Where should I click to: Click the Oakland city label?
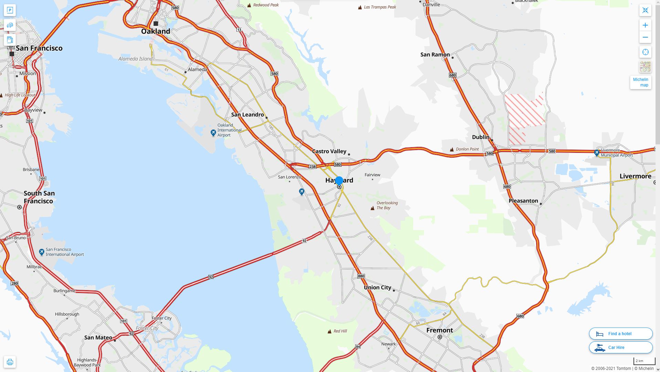tap(156, 31)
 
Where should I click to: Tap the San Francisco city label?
tap(39, 48)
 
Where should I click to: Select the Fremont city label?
tap(440, 330)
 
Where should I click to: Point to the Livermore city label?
tap(635, 176)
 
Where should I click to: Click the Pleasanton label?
tap(523, 201)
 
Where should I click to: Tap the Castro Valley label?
tap(329, 152)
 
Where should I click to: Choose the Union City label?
tap(377, 288)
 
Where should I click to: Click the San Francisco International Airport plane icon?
tap(42, 252)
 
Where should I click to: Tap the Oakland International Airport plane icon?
tap(213, 133)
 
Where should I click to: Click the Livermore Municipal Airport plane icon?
tap(597, 153)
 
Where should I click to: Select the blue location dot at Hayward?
tap(339, 180)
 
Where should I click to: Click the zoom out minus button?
tap(645, 38)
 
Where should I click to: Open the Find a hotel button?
tap(620, 334)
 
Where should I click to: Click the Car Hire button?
tap(620, 348)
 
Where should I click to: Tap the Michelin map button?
tap(640, 82)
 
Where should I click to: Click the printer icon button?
tap(10, 362)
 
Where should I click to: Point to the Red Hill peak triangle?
tap(329, 331)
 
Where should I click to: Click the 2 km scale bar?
tap(644, 361)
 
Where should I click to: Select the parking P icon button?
tap(10, 10)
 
